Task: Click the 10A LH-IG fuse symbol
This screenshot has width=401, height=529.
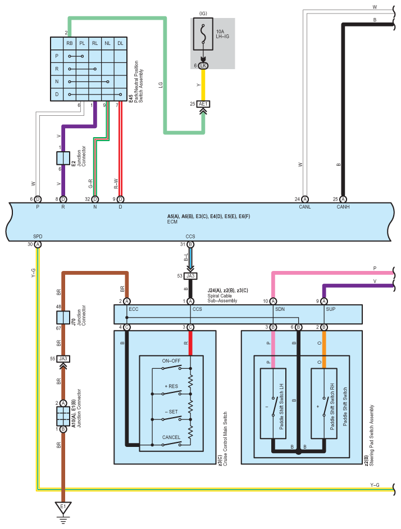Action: tap(203, 34)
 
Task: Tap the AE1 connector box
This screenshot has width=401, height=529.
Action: tap(203, 104)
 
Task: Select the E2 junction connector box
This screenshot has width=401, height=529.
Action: tap(63, 158)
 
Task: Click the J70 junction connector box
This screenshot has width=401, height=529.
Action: tap(63, 318)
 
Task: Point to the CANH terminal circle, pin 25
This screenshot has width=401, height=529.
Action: tap(343, 200)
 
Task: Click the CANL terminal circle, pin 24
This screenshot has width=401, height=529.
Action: tap(304, 200)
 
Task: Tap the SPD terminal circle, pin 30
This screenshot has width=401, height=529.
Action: tap(38, 244)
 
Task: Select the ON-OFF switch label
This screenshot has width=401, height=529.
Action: tap(171, 361)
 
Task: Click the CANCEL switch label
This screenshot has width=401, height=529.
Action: tap(171, 437)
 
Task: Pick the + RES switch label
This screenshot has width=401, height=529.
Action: tap(171, 386)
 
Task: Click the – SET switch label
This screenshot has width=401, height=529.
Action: tap(171, 412)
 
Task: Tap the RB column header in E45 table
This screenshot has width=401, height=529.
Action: tap(70, 43)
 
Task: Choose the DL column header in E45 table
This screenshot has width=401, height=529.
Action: tap(120, 43)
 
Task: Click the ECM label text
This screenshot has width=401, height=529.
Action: tap(172, 221)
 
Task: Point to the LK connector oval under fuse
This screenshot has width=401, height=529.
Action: tap(203, 65)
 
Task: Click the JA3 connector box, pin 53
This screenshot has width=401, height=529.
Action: tap(190, 276)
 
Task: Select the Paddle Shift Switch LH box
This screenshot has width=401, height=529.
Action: tap(273, 404)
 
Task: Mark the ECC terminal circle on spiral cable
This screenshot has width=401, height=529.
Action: tap(127, 301)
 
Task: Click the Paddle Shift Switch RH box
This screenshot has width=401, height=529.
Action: tap(324, 404)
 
